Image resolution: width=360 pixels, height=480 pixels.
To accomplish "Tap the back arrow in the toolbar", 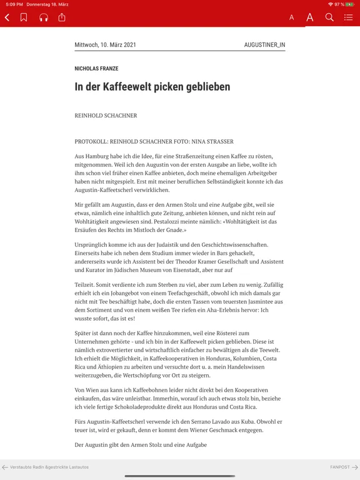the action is [7, 17].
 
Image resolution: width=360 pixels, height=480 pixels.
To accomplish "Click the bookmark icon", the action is [24, 17].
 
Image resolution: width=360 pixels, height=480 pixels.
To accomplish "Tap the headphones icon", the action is [44, 17].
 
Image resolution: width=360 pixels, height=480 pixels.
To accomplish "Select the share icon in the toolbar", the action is [62, 17].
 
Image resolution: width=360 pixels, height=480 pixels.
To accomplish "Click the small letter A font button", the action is [291, 17].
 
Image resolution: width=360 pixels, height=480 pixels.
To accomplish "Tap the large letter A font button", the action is [309, 17].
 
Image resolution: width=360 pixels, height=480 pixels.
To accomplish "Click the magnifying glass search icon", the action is [329, 17].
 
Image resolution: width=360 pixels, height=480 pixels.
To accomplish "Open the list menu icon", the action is [349, 17].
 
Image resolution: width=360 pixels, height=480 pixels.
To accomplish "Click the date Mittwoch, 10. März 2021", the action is [105, 45].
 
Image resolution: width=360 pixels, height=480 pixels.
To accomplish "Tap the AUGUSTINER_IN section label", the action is [264, 45].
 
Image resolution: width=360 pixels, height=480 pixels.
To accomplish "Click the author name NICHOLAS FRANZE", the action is [96, 69].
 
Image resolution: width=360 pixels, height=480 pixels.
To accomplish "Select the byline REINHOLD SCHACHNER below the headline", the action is [106, 116].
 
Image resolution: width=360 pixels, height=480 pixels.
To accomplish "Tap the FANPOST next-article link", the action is [343, 467].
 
